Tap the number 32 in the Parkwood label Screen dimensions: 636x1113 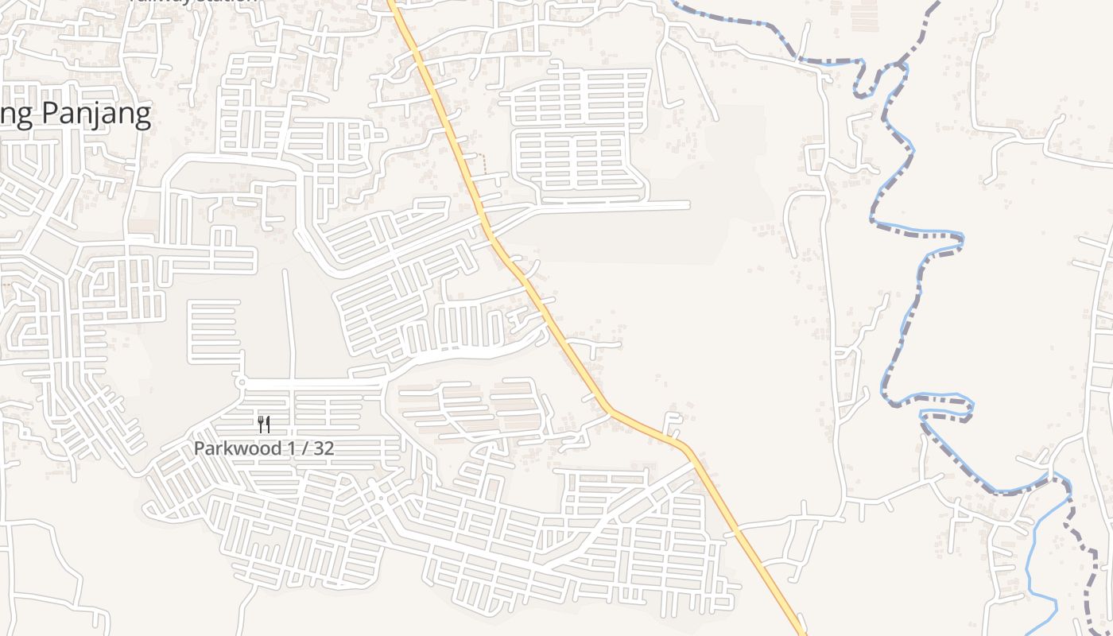click(324, 448)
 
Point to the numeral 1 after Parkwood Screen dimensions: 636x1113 click(292, 448)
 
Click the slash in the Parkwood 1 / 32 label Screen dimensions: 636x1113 click(304, 448)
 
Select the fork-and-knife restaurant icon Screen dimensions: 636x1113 click(264, 425)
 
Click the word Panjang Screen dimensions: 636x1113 click(95, 114)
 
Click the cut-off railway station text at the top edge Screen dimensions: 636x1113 click(195, 2)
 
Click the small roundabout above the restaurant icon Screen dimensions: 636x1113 click(241, 383)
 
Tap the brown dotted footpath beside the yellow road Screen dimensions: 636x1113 click(484, 163)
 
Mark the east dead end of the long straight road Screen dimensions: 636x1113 click(688, 205)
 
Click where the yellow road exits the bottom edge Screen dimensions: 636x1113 click(801, 633)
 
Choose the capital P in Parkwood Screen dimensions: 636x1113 click(200, 448)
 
